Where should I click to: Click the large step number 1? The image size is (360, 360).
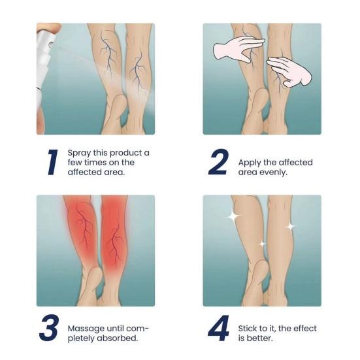click(x=52, y=163)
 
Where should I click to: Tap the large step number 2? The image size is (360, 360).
click(x=218, y=163)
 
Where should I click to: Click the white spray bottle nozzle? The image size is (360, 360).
click(x=44, y=39)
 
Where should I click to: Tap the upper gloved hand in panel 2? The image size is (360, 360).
click(x=239, y=48)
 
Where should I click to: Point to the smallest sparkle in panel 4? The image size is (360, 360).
click(x=262, y=244)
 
